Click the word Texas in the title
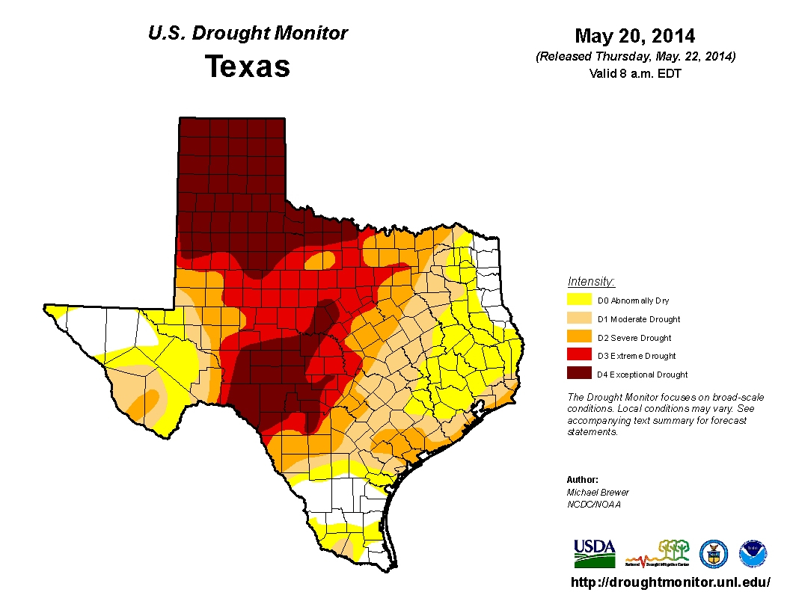point(248,67)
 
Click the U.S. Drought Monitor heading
point(248,34)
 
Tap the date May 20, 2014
point(635,36)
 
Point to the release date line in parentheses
point(635,57)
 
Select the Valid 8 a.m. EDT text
point(635,73)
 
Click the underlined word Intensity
point(591,282)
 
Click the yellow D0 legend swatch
point(581,301)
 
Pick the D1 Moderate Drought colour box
point(581,319)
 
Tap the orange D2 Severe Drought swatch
point(581,338)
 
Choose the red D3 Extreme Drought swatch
point(581,356)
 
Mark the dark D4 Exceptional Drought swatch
point(581,374)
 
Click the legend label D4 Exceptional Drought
point(643,375)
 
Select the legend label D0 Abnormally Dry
point(633,301)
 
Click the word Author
point(583,479)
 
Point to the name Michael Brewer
point(598,492)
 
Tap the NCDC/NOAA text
point(593,505)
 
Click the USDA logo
point(594,554)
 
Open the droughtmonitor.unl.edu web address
point(670,582)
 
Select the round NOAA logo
point(753,554)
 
